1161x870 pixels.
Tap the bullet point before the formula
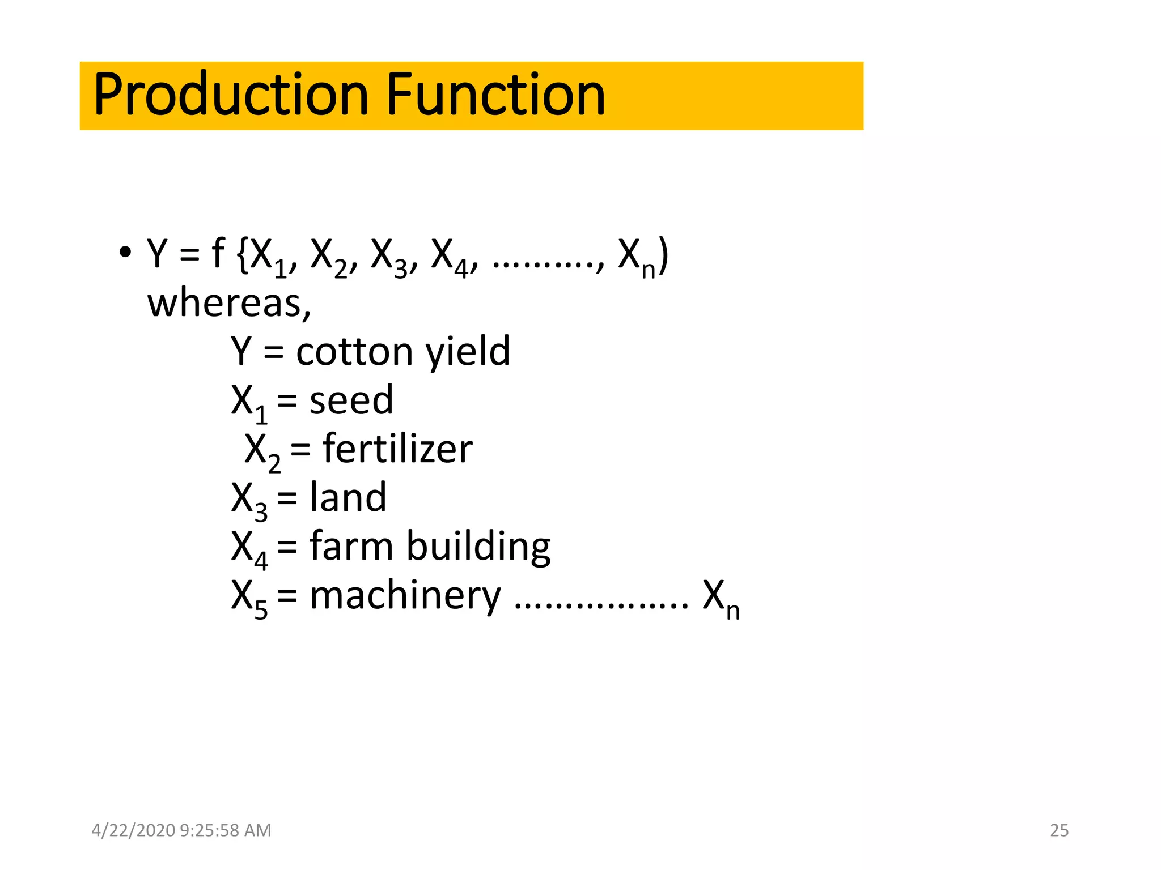tap(125, 252)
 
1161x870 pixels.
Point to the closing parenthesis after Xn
tap(664, 255)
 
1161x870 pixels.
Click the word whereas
tap(228, 303)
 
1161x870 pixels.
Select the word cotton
tap(354, 352)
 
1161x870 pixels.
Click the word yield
tap(468, 352)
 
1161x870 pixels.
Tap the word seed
tap(351, 400)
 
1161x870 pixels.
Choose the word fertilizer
tap(397, 449)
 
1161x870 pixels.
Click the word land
tap(348, 498)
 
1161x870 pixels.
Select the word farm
tap(351, 547)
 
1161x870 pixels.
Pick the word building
tap(478, 547)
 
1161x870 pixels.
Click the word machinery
tap(405, 596)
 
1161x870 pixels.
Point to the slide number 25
tap(1059, 830)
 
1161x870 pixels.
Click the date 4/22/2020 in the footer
tap(133, 830)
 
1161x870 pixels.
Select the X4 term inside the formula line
tap(450, 257)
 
